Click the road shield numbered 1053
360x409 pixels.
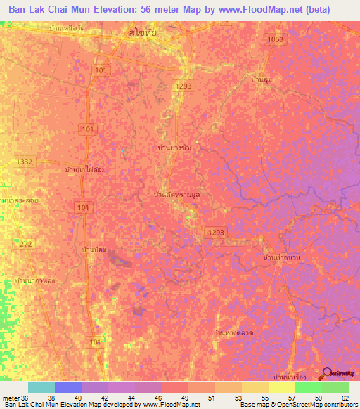coord(275,40)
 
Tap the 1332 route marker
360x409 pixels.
coord(25,162)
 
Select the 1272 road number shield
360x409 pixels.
coord(25,243)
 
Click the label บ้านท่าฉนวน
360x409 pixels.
coord(281,259)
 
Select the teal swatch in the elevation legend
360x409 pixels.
coord(41,387)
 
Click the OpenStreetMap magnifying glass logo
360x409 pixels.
coord(326,374)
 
